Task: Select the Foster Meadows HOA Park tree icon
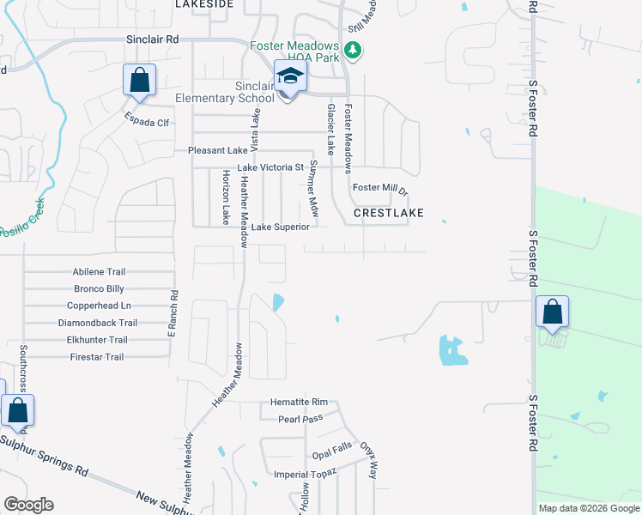pos(352,51)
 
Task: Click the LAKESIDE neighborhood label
pos(204,4)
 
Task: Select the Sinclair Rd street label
pos(152,39)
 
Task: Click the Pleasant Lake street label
pos(218,150)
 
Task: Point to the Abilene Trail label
pos(99,272)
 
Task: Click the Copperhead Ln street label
pos(99,306)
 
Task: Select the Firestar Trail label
pos(97,357)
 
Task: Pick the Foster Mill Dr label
pos(379,187)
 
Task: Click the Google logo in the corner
pos(28,505)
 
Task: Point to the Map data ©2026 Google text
pos(589,508)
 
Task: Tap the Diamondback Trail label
pos(97,323)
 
